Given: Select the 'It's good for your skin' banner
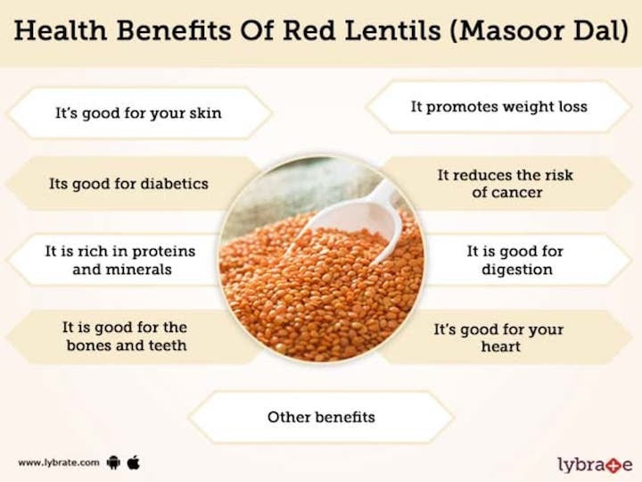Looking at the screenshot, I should (138, 113).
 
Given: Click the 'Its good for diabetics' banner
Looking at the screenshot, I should (128, 184).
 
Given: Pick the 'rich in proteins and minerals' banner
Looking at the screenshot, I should (120, 260).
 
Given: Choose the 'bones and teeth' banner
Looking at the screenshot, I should (126, 336).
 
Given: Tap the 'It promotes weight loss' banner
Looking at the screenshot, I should (498, 106).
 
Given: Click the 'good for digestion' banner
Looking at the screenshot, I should (514, 260).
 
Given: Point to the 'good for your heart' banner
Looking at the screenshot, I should (499, 337).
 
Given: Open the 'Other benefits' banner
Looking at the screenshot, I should (321, 417).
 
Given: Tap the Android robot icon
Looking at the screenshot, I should (113, 462).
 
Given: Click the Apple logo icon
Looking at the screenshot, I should (134, 462).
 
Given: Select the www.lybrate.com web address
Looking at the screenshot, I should (57, 463).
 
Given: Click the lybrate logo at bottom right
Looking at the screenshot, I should (594, 464).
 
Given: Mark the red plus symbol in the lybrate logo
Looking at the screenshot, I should (614, 465).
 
